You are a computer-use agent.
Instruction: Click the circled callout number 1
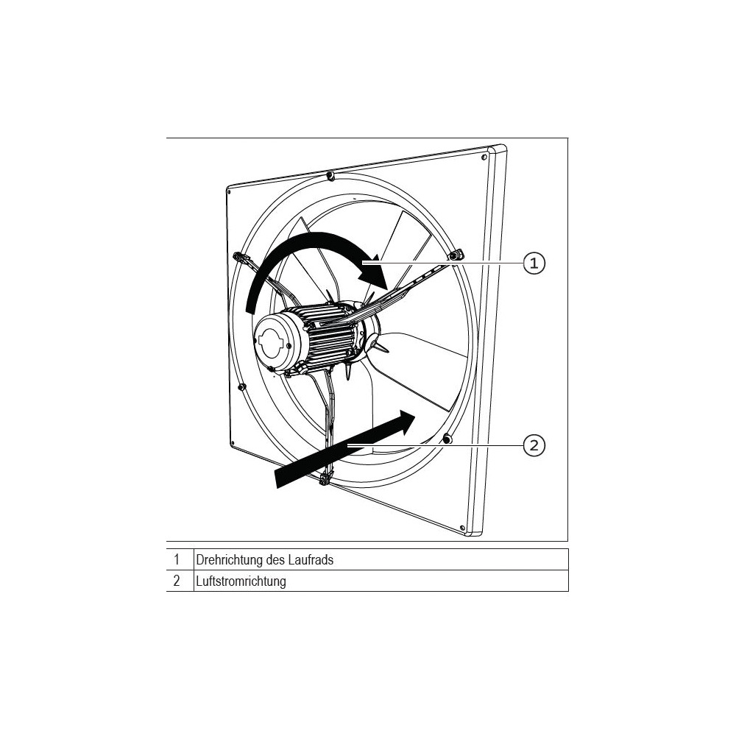tap(534, 263)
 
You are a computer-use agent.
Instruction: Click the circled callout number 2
tap(534, 445)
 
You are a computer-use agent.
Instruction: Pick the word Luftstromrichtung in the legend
tap(241, 581)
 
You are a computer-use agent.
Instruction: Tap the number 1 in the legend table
tap(177, 559)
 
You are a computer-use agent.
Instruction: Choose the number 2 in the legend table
tap(177, 581)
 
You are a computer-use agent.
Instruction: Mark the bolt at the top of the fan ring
tap(331, 176)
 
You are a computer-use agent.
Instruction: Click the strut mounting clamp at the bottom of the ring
tap(325, 479)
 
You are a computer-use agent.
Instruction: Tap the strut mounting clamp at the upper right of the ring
tap(456, 255)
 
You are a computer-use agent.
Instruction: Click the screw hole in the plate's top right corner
tap(484, 158)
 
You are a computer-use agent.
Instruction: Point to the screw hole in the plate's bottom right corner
tap(462, 528)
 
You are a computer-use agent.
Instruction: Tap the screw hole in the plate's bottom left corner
tap(232, 442)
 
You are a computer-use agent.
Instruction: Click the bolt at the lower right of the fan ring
tap(447, 439)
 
